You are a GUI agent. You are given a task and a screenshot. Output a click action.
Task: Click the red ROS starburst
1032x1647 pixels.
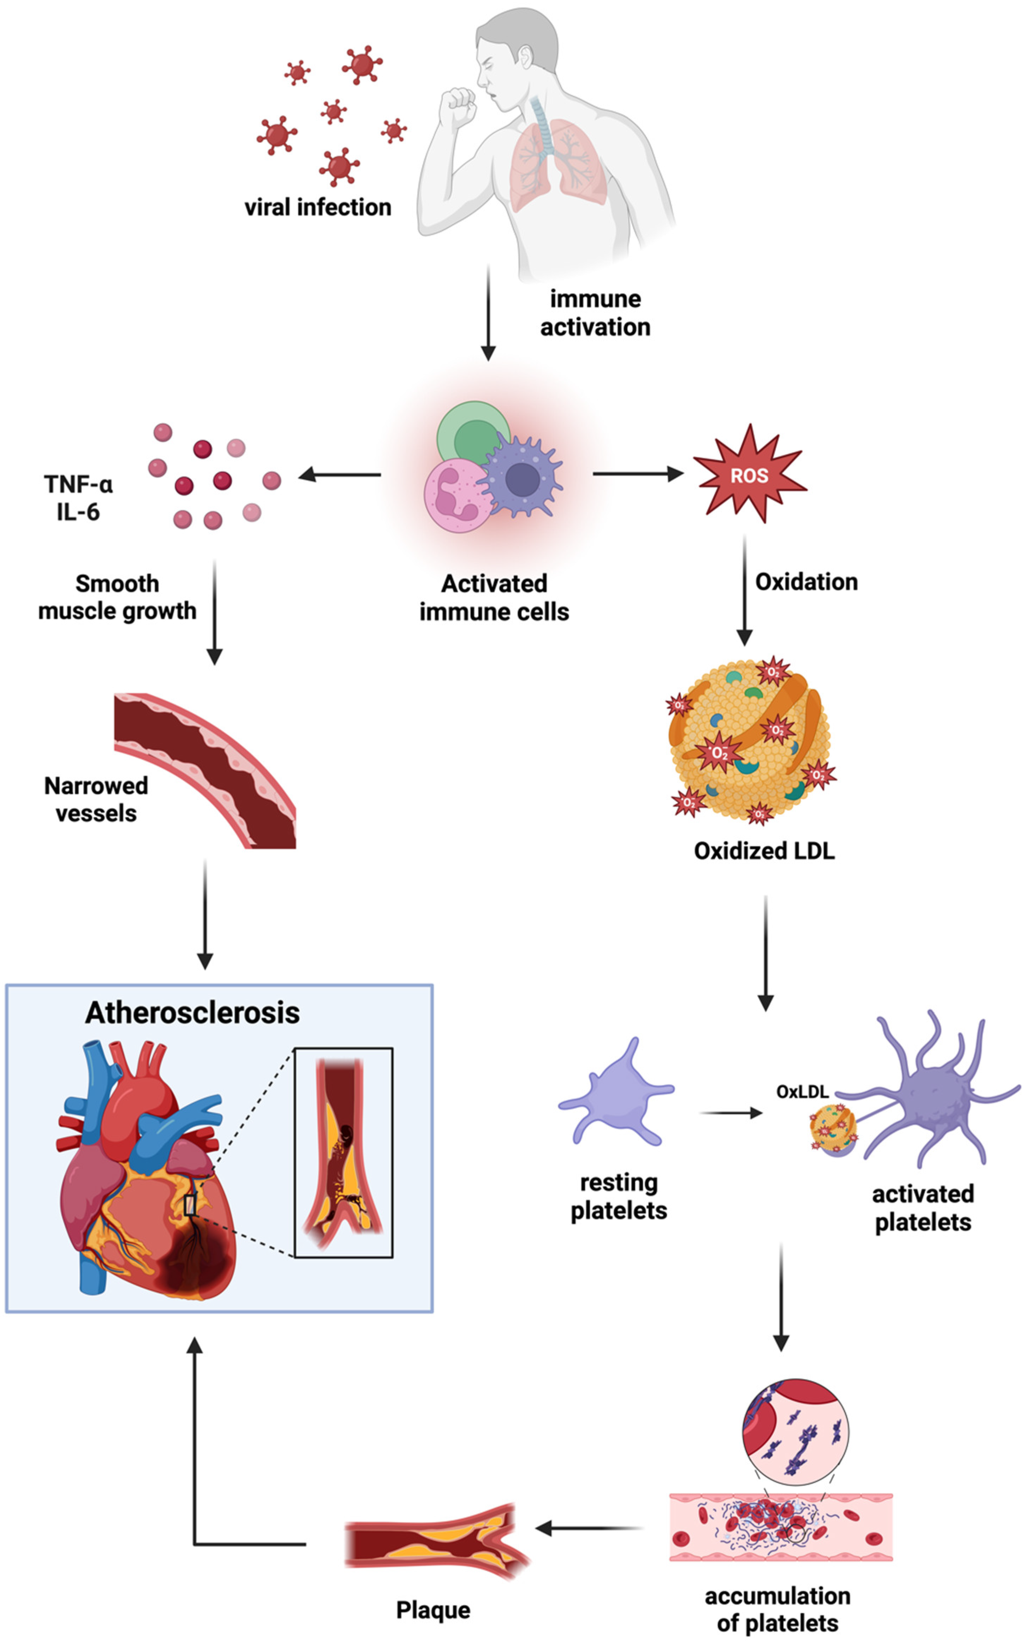750,475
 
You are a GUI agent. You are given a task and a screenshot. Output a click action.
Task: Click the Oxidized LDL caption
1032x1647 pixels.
764,851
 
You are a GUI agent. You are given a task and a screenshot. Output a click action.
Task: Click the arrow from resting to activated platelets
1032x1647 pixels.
731,1113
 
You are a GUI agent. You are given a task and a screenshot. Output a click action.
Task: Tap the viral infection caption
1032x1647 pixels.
318,207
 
